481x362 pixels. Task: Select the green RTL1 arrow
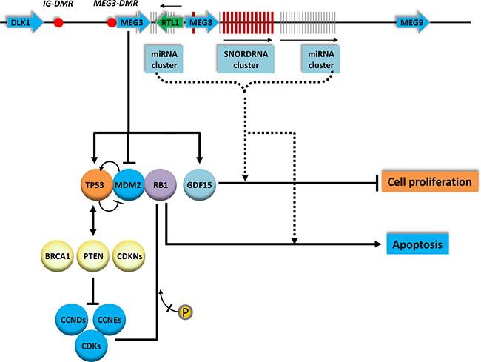169,22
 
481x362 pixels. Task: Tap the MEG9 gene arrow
413,22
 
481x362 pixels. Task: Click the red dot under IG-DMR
58,22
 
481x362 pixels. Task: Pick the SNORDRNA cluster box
246,59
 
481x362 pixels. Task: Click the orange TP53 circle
96,184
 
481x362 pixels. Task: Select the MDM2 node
128,184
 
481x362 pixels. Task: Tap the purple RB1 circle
161,184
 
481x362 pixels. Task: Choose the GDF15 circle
199,184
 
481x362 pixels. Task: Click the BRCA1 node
58,256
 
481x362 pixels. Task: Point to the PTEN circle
93,256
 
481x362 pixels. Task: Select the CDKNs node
129,256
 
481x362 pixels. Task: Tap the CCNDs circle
73,320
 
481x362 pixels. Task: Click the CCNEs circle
109,320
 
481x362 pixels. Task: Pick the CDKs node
91,346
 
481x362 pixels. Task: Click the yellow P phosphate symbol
185,312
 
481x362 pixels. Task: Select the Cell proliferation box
429,181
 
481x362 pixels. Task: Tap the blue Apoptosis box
417,244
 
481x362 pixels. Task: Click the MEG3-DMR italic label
115,4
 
